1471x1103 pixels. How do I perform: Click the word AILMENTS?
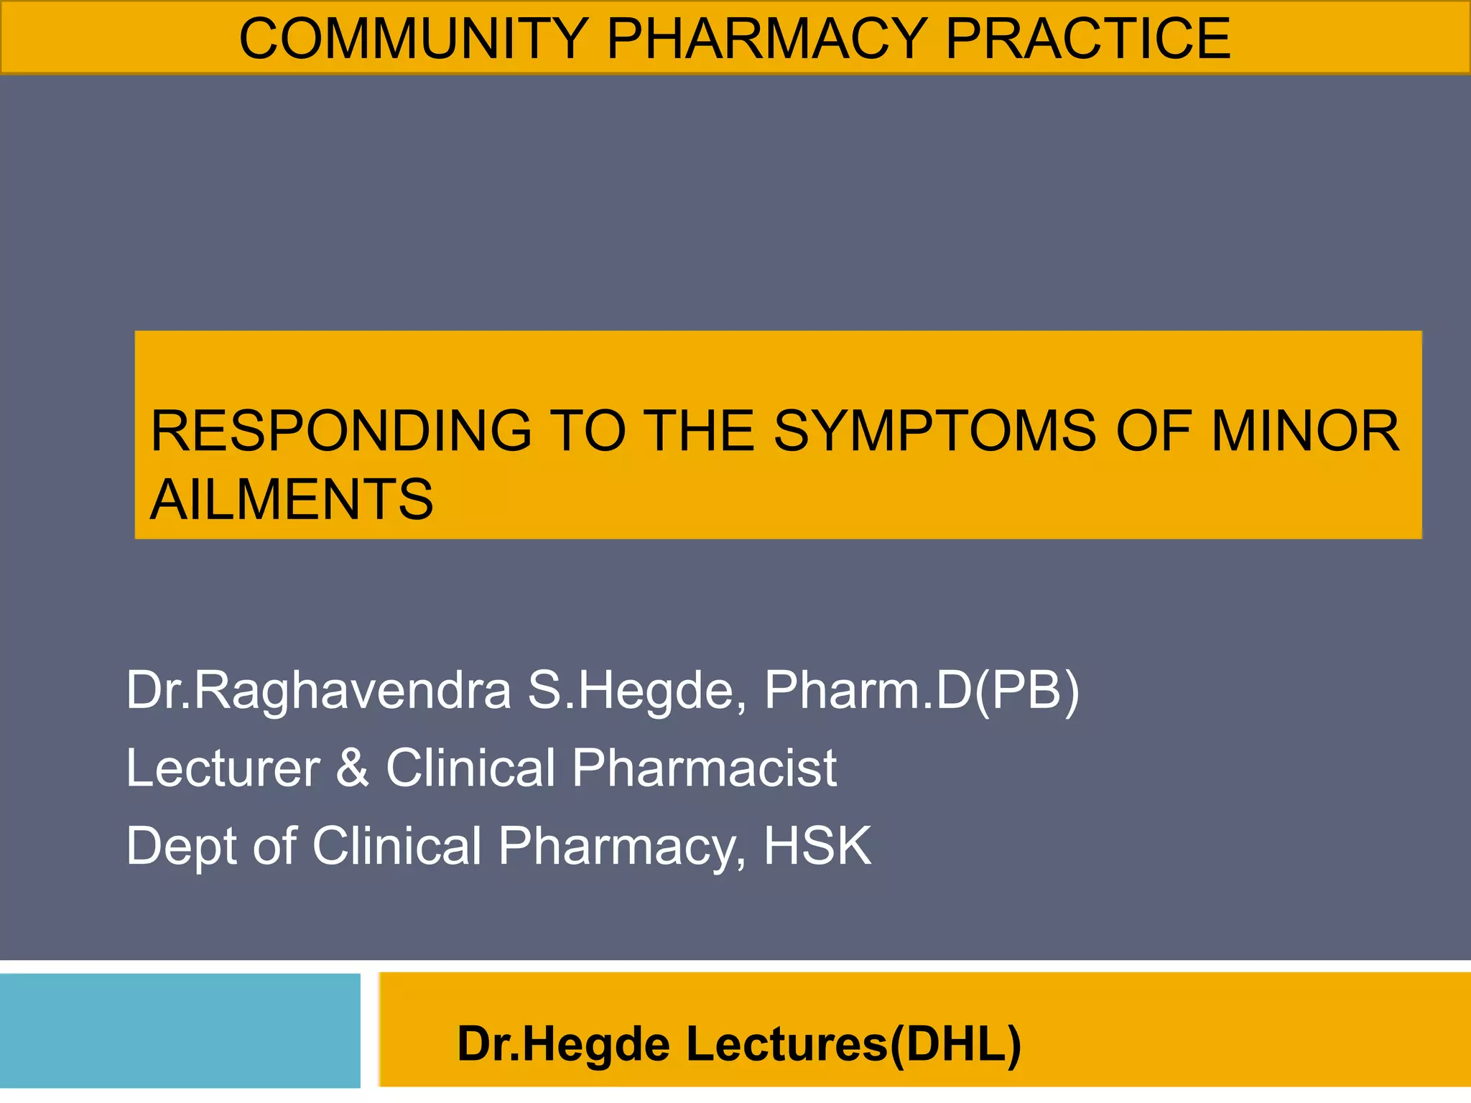(x=292, y=500)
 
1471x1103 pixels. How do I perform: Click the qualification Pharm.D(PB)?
(x=922, y=691)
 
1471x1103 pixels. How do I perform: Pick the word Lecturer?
(x=223, y=768)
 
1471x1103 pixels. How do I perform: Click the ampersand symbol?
(x=353, y=768)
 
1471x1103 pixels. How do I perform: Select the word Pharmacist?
(x=705, y=768)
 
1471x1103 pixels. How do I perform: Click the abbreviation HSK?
(x=817, y=846)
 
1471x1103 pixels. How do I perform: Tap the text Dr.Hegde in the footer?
(x=563, y=1044)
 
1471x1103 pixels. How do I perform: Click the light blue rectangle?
(x=180, y=1030)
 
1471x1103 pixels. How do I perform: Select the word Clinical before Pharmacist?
(x=470, y=768)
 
